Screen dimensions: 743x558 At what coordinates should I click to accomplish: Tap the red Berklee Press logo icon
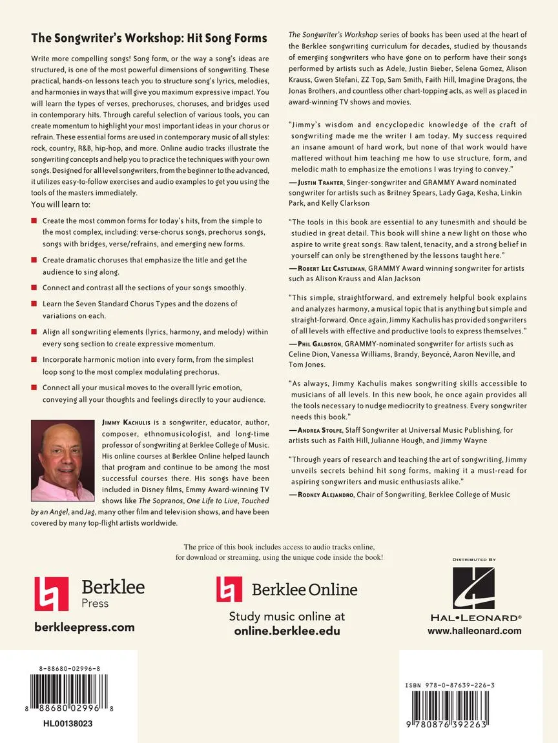pos(51,594)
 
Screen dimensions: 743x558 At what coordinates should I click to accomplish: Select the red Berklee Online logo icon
pos(229,589)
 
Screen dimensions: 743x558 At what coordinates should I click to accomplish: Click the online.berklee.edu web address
pos(287,631)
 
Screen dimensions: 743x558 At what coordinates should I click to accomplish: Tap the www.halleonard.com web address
pos(474,631)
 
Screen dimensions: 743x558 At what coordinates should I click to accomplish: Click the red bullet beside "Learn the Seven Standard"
pos(34,303)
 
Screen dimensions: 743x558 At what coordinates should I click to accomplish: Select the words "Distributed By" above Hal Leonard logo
pos(473,560)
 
